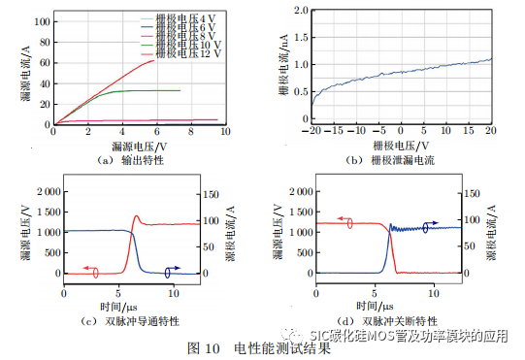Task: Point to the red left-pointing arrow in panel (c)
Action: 88,269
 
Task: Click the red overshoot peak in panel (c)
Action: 136,216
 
